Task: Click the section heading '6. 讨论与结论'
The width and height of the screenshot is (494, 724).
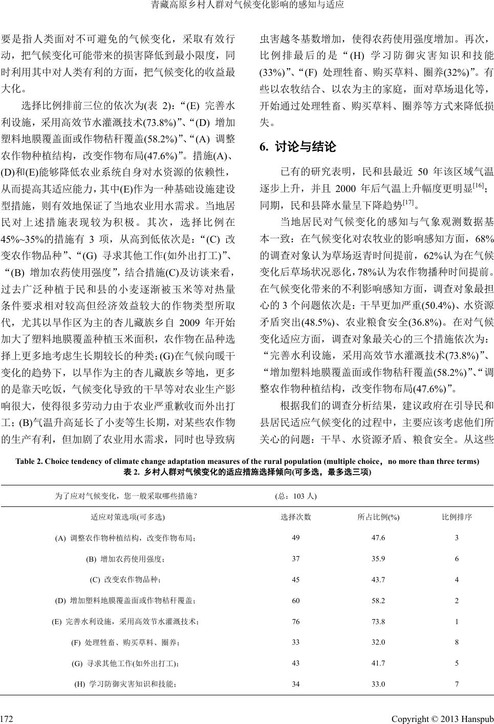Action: pos(298,147)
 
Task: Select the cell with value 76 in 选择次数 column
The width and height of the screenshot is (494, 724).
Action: pos(296,622)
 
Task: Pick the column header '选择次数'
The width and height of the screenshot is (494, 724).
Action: pos(296,517)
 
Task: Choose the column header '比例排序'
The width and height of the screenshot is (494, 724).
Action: pos(457,517)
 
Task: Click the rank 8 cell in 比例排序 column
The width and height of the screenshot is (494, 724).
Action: pos(457,642)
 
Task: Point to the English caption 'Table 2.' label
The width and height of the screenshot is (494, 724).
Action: pos(30,461)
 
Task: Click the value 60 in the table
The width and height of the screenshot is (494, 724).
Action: pos(296,601)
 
